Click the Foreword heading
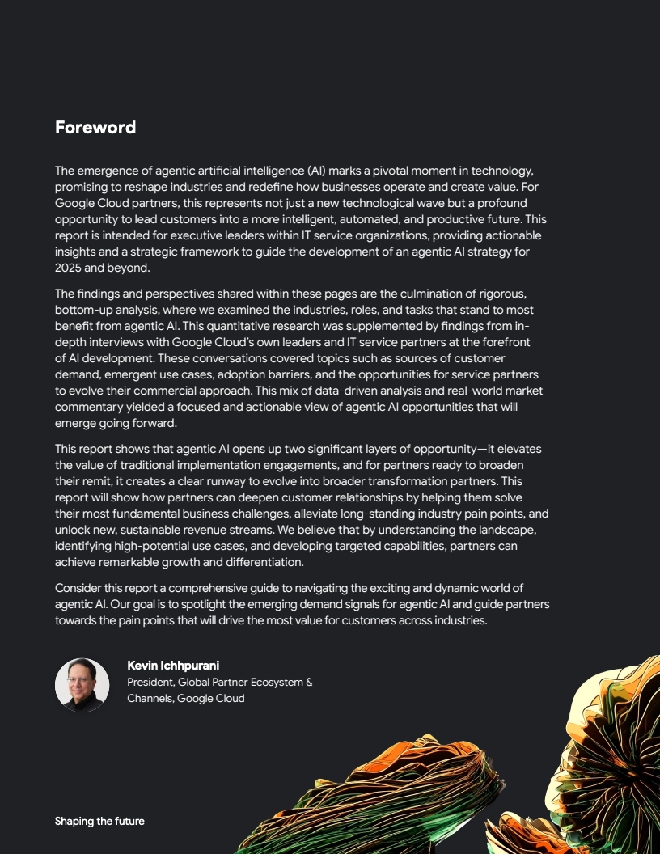pos(95,128)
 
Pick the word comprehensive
pos(217,588)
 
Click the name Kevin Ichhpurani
pos(173,666)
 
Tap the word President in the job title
pos(150,682)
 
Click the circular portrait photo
pos(82,685)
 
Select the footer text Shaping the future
pos(99,821)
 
